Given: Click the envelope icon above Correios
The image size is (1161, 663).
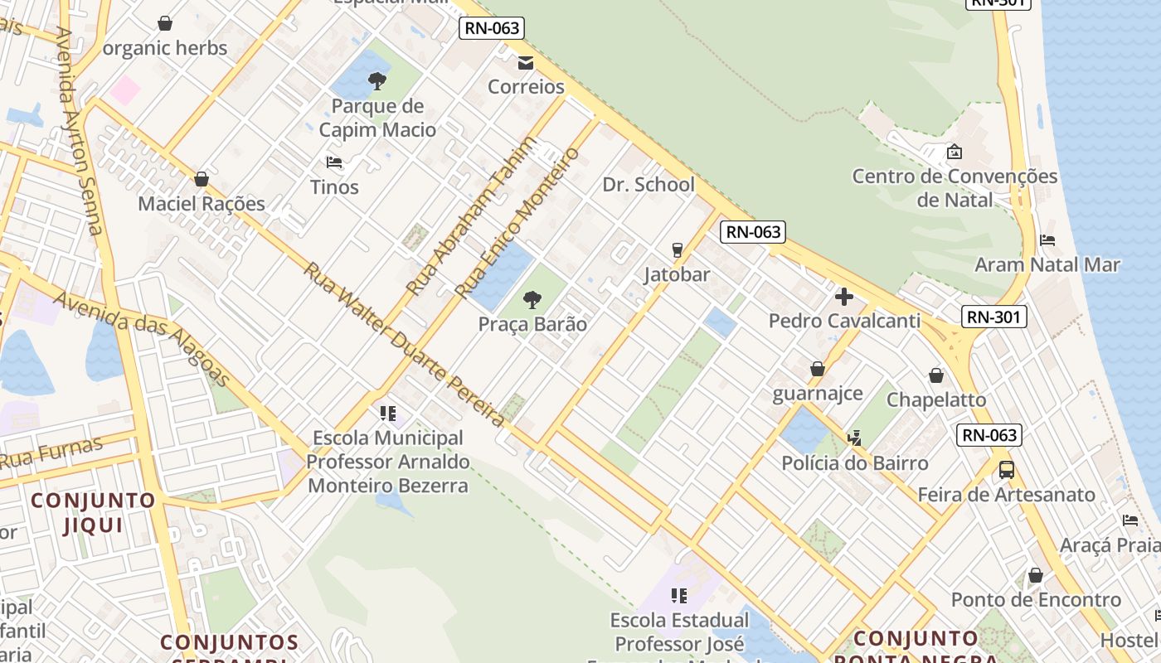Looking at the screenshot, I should pos(526,63).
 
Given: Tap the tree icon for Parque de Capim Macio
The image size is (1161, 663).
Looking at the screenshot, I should pos(377,81).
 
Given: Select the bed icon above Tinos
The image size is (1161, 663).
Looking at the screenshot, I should pos(334,162).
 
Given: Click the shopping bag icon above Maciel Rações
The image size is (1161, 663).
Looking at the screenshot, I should pos(201,179).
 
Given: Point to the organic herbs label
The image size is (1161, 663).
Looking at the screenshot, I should pos(165,48).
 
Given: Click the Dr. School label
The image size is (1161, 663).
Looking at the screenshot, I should pos(649,185).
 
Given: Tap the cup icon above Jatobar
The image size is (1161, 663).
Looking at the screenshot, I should pos(677,249).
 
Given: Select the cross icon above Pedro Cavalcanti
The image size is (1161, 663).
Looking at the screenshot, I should pos(844,296).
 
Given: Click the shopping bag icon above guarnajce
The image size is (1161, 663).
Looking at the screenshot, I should pos(818,369).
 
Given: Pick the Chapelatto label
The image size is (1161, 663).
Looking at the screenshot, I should pos(936,399).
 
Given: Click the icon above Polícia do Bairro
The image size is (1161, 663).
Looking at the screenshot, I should pos(855,438).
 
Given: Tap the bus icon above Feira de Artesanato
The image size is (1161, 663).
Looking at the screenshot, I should pos(1006,470).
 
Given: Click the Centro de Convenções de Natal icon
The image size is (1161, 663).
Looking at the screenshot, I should pos(955,152).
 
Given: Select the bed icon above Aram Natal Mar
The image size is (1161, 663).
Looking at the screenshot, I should pos(1047,240).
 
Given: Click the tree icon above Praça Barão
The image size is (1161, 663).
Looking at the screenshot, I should pos(532,299).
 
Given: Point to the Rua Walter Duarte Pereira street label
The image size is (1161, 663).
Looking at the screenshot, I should pos(403,344).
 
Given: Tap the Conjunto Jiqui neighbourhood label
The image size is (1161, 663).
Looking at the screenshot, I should pos(94,512).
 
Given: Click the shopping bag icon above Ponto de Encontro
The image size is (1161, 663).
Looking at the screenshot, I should pos(1035,575).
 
